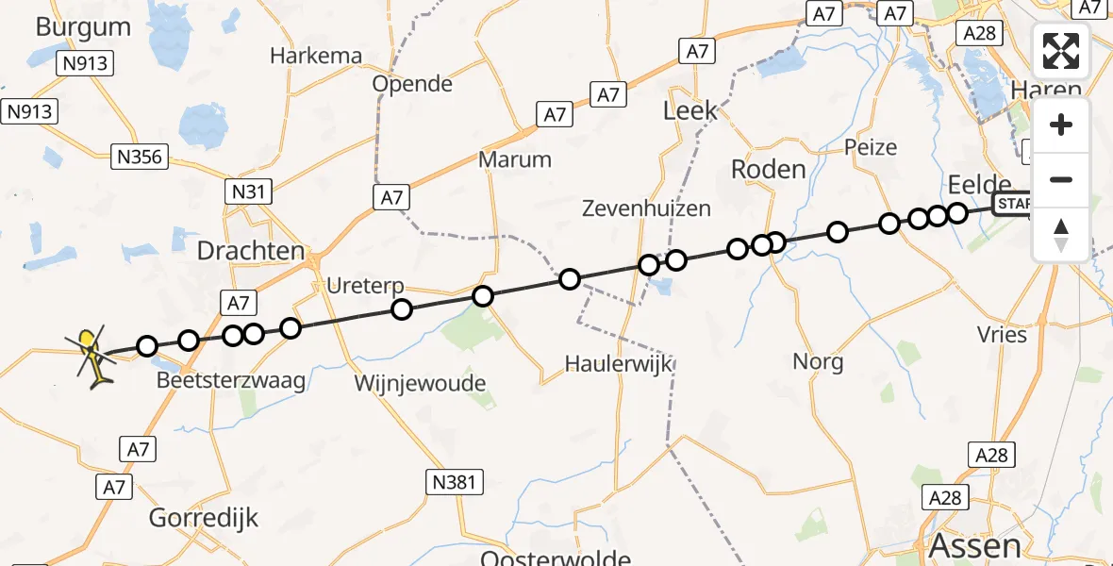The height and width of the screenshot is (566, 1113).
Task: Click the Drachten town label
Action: pyautogui.click(x=250, y=252)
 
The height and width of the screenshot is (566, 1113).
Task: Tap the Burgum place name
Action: pyautogui.click(x=83, y=26)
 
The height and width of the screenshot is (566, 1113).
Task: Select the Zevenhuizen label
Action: pyautogui.click(x=646, y=208)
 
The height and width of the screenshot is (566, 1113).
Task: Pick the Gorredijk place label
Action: pyautogui.click(x=204, y=518)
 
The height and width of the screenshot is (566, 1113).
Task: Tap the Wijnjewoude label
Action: pyautogui.click(x=420, y=384)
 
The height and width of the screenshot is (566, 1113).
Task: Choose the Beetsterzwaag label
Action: pyautogui.click(x=230, y=381)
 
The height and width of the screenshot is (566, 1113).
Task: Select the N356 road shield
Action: pyautogui.click(x=139, y=156)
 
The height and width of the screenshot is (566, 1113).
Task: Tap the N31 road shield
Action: pyautogui.click(x=251, y=191)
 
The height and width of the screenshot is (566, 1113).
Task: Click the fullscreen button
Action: pyautogui.click(x=1061, y=51)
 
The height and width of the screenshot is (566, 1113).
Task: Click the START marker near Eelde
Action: pyautogui.click(x=1013, y=205)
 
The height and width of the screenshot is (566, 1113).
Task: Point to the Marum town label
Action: pyautogui.click(x=514, y=159)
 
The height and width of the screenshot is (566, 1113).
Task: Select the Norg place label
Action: pyautogui.click(x=818, y=361)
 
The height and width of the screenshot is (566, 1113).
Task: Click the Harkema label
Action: pyautogui.click(x=316, y=56)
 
